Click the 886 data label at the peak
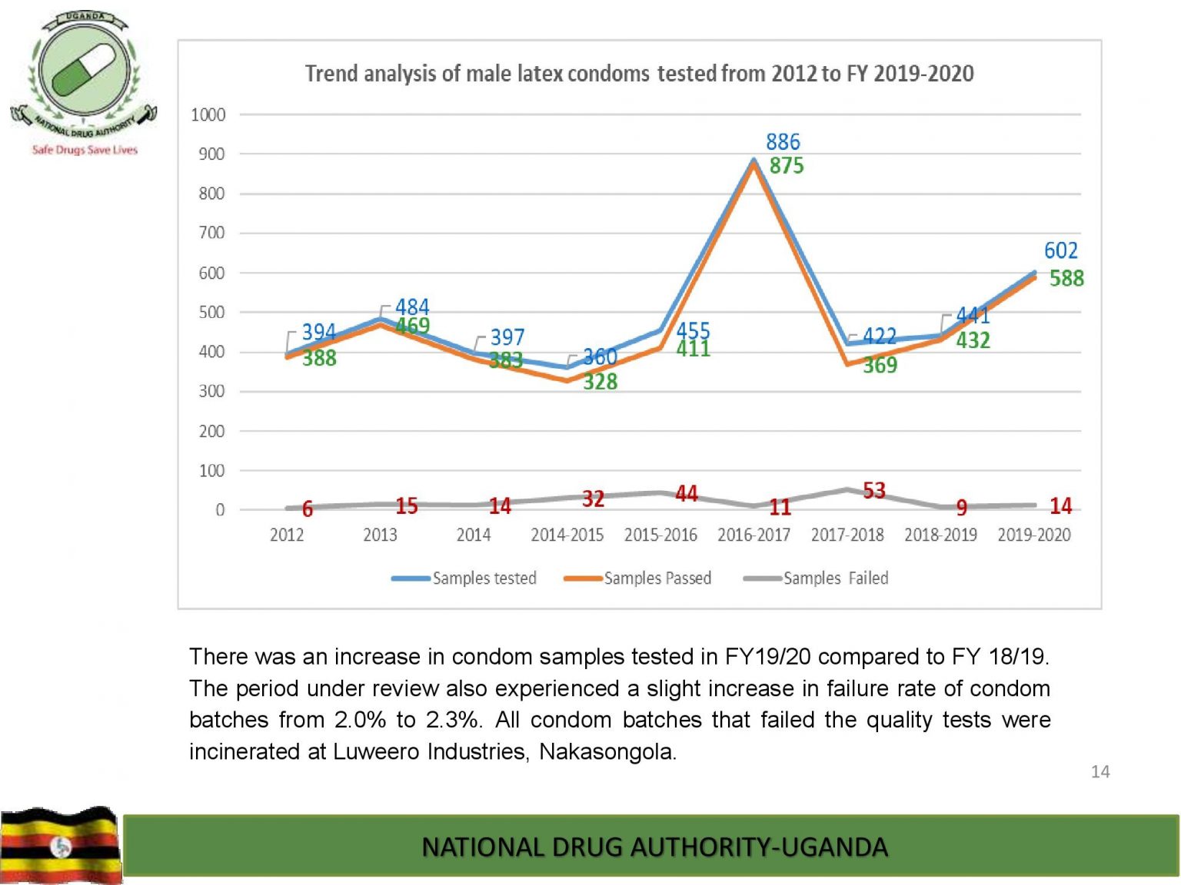(783, 142)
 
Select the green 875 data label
(787, 166)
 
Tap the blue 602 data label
(1060, 250)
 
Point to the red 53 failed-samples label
(874, 490)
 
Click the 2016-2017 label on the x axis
(754, 535)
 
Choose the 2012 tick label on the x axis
(287, 535)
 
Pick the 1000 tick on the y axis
(208, 115)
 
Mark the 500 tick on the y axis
(211, 313)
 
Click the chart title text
(639, 74)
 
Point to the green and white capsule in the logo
(84, 70)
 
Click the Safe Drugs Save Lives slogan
(85, 150)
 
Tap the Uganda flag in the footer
(60, 845)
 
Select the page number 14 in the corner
(1100, 772)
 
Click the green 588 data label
(1066, 278)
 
